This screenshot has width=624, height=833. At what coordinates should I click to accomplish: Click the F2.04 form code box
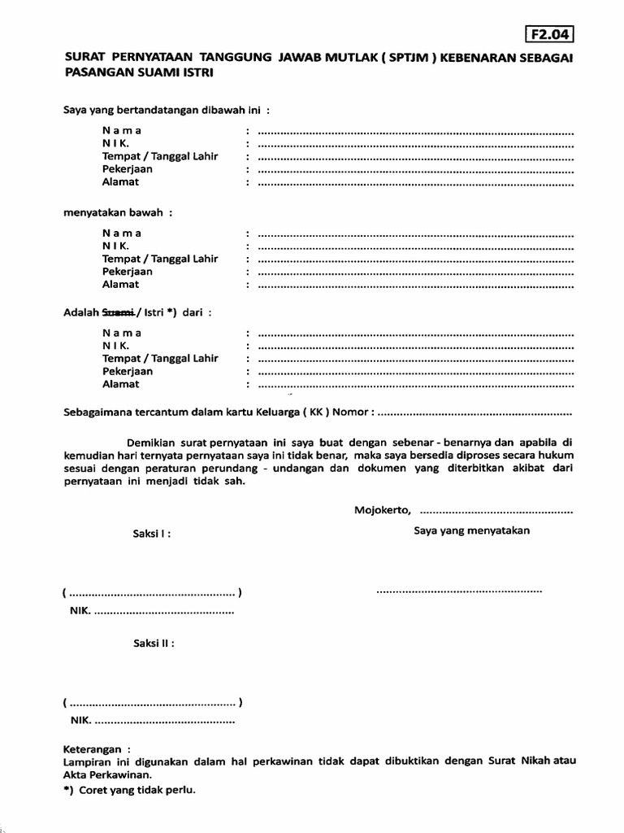pyautogui.click(x=550, y=34)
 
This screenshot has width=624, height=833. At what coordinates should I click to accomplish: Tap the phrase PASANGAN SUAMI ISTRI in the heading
pyautogui.click(x=138, y=72)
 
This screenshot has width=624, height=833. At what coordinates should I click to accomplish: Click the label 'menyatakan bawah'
pyautogui.click(x=119, y=213)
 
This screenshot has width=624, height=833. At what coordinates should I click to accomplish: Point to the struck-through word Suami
pyautogui.click(x=117, y=312)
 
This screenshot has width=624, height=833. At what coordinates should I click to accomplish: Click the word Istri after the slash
pyautogui.click(x=153, y=312)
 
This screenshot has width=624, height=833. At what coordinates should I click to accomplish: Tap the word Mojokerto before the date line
pyautogui.click(x=383, y=511)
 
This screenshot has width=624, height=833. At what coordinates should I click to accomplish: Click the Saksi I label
pyautogui.click(x=152, y=534)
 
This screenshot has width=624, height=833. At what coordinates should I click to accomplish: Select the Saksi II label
pyautogui.click(x=154, y=643)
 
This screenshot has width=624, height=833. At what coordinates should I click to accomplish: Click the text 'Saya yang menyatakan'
pyautogui.click(x=471, y=530)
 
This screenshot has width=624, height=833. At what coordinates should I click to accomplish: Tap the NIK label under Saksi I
pyautogui.click(x=80, y=610)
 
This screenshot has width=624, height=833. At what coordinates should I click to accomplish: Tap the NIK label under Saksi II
pyautogui.click(x=80, y=720)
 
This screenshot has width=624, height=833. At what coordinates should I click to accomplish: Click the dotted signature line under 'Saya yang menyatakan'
pyautogui.click(x=459, y=590)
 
